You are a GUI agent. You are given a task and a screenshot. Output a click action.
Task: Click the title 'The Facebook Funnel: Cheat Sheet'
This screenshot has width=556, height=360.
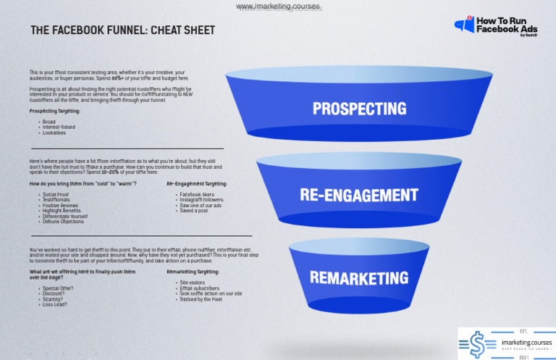(x=122, y=30)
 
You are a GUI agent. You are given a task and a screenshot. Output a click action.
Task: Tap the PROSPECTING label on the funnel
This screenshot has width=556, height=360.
(x=360, y=109)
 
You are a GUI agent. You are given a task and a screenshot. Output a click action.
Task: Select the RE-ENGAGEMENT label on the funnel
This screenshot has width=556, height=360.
(x=359, y=195)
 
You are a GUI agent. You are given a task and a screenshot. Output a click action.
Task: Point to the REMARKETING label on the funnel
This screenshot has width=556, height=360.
(x=359, y=277)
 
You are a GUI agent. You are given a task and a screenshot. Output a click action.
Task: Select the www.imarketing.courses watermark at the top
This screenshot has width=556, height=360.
(x=279, y=7)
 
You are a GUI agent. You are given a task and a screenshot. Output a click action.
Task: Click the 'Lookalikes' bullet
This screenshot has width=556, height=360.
(x=56, y=133)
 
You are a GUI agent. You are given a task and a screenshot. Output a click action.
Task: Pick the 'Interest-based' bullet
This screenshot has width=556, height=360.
(x=59, y=127)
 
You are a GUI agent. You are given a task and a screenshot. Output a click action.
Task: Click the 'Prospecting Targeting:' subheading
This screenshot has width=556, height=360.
(x=55, y=111)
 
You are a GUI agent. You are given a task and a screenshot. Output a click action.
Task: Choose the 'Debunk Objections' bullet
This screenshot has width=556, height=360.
(x=64, y=221)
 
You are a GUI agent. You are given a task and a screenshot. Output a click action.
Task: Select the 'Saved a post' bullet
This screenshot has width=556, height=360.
(x=195, y=210)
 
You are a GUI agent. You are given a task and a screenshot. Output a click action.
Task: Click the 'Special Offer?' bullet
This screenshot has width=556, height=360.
(x=58, y=288)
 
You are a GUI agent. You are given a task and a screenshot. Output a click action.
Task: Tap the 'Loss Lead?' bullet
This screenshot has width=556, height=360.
(x=55, y=304)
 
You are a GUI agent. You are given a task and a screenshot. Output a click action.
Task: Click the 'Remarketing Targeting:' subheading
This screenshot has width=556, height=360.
(x=193, y=271)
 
